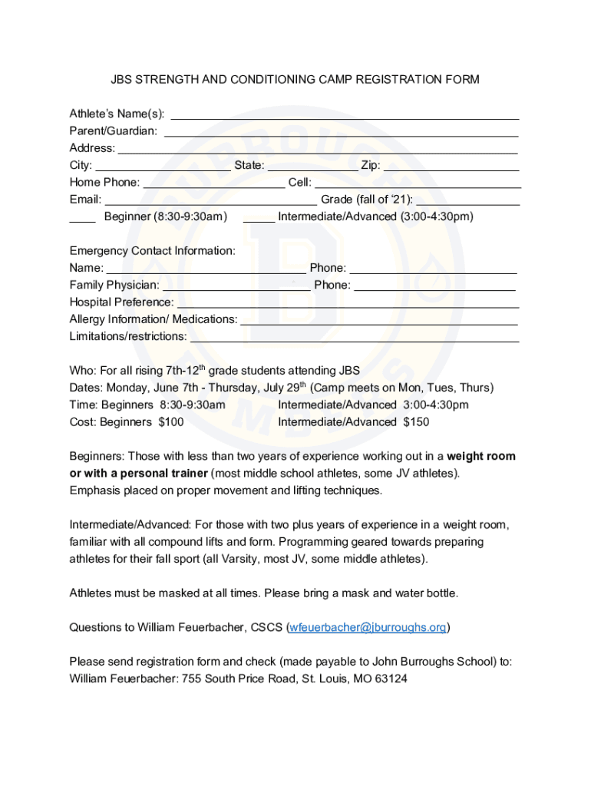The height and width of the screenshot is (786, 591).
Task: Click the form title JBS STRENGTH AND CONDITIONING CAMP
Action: [295, 80]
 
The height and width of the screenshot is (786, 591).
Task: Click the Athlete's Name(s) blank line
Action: [344, 116]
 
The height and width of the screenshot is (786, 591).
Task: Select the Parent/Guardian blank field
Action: [341, 133]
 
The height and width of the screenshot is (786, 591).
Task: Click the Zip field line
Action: [451, 167]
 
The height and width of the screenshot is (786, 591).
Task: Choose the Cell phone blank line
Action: [418, 184]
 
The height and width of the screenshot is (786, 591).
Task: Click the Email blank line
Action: [210, 201]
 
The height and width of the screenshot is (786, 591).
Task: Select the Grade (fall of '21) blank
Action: [467, 201]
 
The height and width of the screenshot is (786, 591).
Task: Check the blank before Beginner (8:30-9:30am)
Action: [82, 218]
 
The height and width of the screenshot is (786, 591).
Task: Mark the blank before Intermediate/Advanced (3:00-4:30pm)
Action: [259, 218]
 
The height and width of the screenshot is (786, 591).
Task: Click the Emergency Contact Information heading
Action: [153, 251]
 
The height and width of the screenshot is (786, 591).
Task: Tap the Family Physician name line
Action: [236, 286]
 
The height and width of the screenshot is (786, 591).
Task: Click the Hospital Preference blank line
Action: [348, 304]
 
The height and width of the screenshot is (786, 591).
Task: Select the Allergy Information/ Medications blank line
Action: [379, 321]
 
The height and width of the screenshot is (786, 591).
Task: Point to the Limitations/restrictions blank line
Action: [354, 338]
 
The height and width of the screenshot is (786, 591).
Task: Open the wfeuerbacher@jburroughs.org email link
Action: [368, 628]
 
